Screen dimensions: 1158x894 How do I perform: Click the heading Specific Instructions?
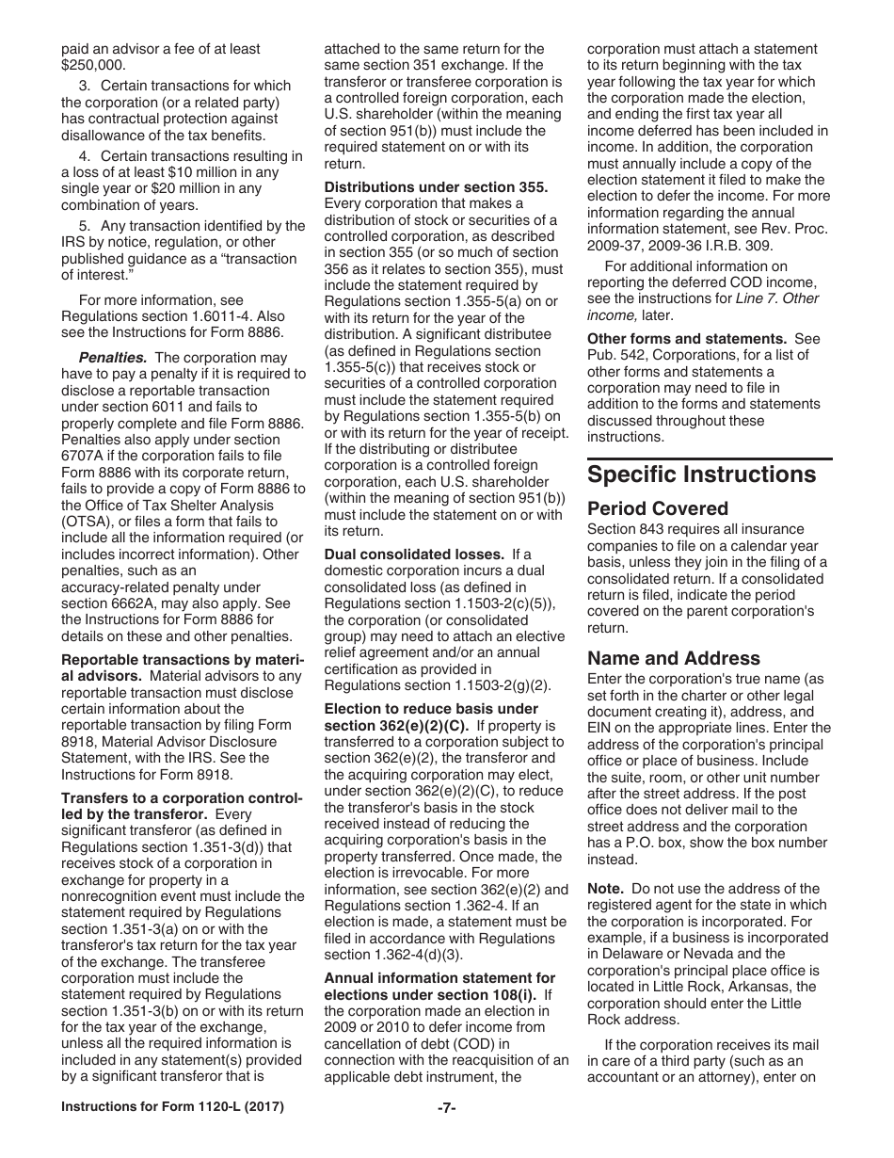(701, 474)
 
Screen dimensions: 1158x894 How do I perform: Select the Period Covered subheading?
(657, 508)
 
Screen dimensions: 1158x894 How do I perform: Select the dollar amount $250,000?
(92, 65)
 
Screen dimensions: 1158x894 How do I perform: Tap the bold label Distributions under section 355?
(436, 186)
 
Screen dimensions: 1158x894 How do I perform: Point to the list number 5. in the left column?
(85, 226)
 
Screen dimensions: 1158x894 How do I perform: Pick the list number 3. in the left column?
(85, 86)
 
